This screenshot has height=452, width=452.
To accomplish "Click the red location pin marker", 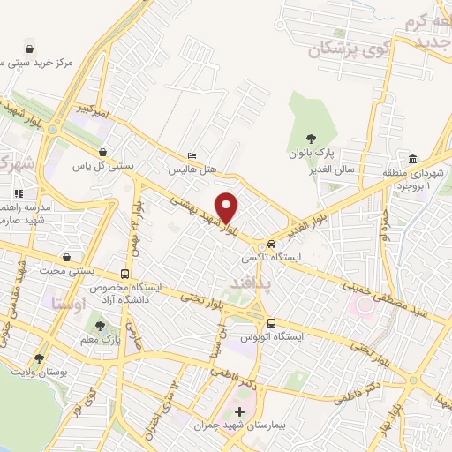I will tap(228, 207).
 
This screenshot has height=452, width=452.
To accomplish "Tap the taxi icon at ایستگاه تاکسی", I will tap(271, 245).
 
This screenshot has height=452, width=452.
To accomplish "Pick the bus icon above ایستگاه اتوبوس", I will tap(271, 323).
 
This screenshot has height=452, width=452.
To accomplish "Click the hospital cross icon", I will tap(238, 411).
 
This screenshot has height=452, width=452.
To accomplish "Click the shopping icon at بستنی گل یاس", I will tap(103, 152).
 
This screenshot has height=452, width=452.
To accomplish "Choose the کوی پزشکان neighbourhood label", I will tap(338, 49).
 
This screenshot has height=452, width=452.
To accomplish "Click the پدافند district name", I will tap(250, 282).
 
